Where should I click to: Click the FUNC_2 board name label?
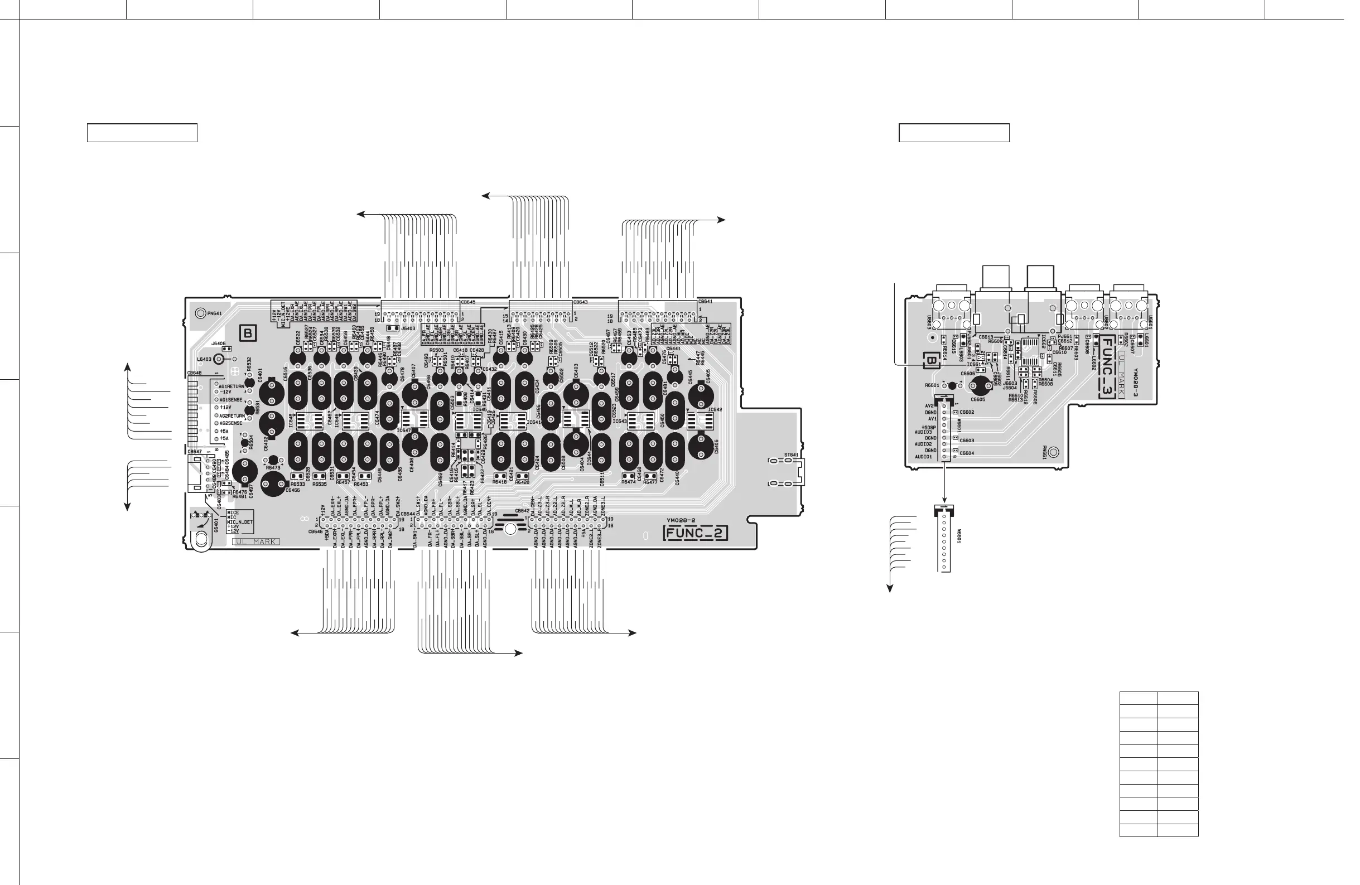(696, 534)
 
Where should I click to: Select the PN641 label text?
(215, 313)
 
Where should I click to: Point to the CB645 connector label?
(468, 302)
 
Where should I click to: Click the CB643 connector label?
(581, 302)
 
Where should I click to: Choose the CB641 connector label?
(705, 302)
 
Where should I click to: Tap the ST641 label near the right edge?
(791, 455)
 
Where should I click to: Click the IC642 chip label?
(715, 410)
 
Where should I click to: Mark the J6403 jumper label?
(408, 328)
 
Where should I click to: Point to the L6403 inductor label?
(204, 359)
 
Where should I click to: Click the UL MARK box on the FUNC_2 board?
(257, 541)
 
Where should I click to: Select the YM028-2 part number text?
(679, 520)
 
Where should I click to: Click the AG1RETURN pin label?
(232, 386)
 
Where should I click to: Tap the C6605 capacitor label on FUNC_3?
(978, 399)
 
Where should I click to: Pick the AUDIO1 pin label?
(923, 457)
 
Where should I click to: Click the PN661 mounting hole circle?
(1054, 452)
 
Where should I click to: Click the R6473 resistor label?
(273, 467)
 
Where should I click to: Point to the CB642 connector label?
(522, 511)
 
